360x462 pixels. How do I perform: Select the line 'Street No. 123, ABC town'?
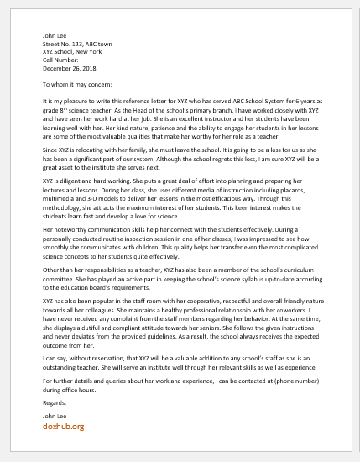point(77,45)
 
